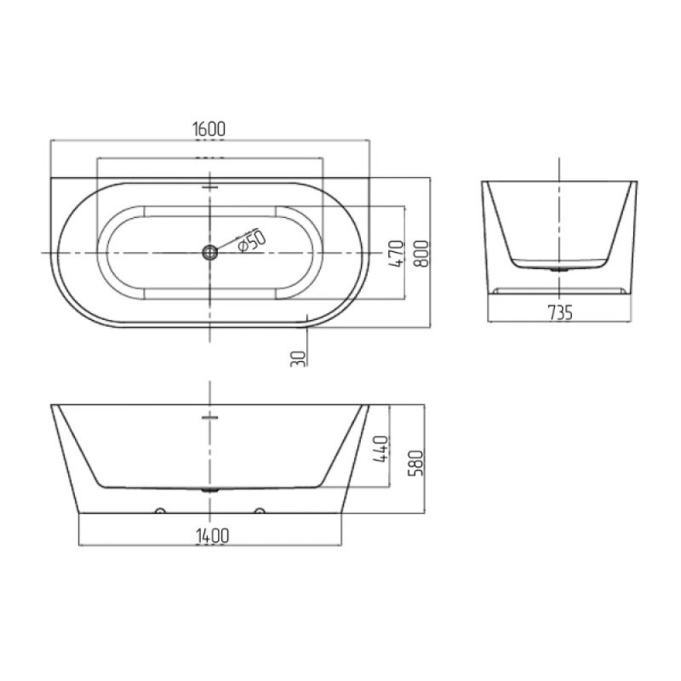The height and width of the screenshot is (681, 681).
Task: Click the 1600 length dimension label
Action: click(x=209, y=129)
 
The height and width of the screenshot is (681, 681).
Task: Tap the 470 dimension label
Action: click(x=396, y=253)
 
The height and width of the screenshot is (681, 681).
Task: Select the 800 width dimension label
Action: click(x=421, y=253)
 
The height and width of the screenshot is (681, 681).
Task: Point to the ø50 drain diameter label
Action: click(x=251, y=240)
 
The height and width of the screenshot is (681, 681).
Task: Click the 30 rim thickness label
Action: click(x=299, y=358)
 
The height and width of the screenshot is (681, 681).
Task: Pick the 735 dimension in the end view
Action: click(x=560, y=312)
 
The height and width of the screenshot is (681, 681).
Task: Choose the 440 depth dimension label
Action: click(x=381, y=449)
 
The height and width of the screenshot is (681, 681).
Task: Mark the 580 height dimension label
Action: click(x=415, y=463)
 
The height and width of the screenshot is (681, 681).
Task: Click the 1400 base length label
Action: click(x=212, y=535)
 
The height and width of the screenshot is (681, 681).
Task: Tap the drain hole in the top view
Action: click(x=209, y=252)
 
